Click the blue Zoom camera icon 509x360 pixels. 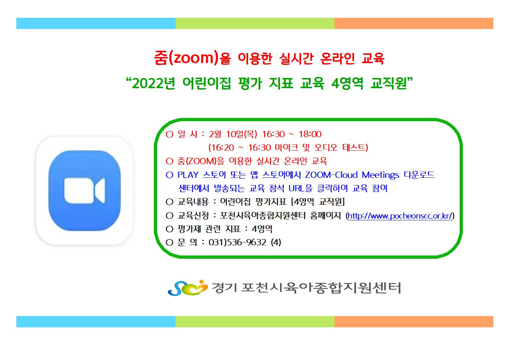pos(85,191)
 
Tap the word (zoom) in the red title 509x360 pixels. pos(193,58)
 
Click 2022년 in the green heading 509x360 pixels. pos(153,83)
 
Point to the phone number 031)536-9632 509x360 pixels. pos(237,242)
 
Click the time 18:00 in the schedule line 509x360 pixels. pos(310,134)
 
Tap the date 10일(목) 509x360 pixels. pos(242,134)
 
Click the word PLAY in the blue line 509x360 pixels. pos(188,175)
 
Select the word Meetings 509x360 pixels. pos(380,175)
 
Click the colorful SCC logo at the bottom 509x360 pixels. pos(188,288)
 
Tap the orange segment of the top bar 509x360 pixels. pos(414,24)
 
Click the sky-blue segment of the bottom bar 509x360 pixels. pos(96,322)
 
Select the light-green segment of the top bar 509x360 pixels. pos(255,24)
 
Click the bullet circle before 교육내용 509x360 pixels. pos(169,202)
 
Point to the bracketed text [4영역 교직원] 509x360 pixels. pos(318,201)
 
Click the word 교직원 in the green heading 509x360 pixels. pos(389,83)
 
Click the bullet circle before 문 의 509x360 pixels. pos(169,242)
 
